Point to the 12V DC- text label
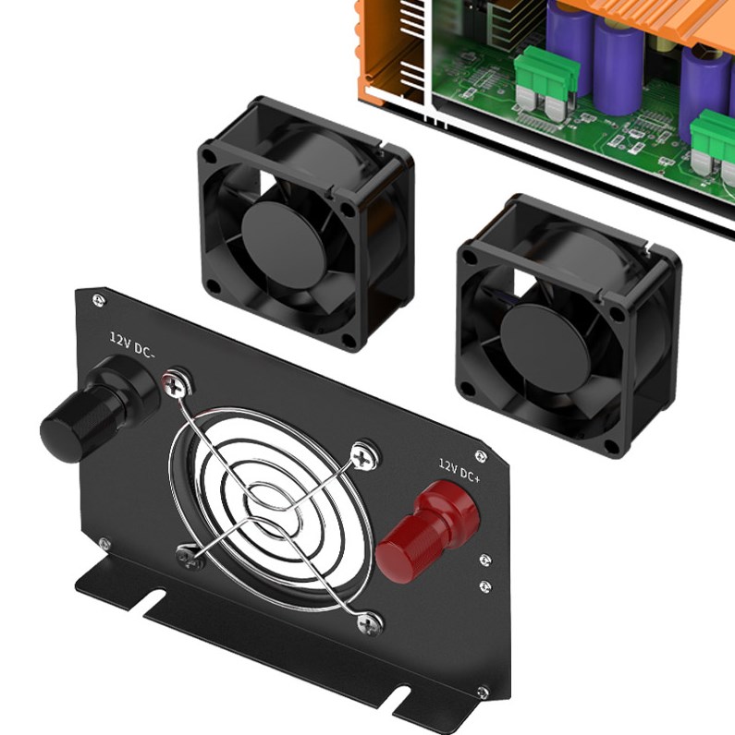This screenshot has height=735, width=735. point(135,343)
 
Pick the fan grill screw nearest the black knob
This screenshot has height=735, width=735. point(177,381)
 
